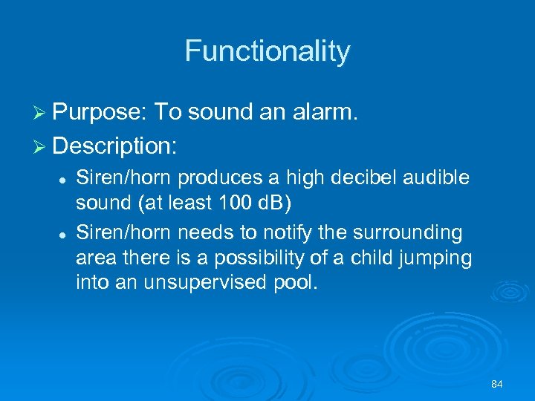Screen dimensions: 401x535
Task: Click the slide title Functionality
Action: [x=267, y=51]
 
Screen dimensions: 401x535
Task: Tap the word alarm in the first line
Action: [x=325, y=112]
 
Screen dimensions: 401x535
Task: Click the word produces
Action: [x=209, y=178]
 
